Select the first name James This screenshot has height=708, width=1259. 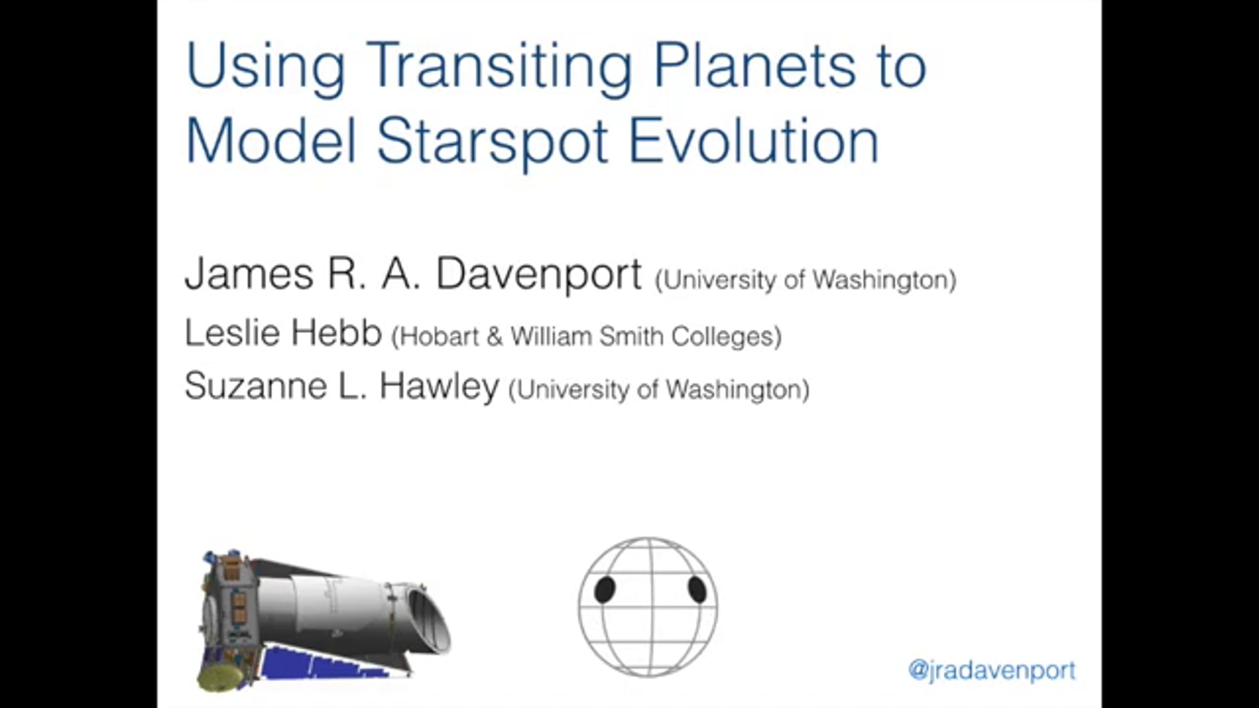coord(249,274)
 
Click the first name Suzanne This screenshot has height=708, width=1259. coord(255,386)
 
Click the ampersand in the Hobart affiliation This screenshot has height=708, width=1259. coord(495,337)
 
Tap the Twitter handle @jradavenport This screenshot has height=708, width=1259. coord(991,671)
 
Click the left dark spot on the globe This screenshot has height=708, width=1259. coord(604,589)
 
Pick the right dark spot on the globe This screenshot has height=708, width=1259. coord(697,589)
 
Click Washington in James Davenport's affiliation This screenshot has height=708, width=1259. coord(883,280)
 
